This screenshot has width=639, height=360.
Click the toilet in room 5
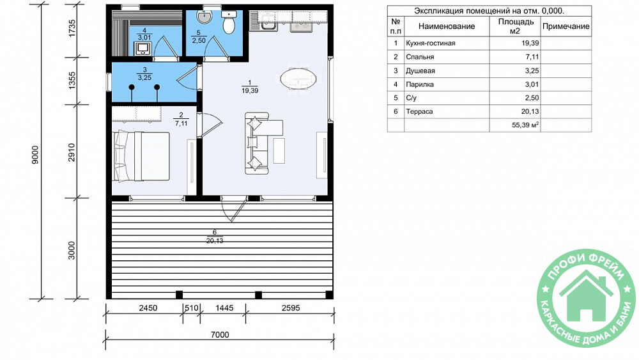(x=229, y=22)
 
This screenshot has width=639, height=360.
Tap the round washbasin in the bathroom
(x=204, y=17)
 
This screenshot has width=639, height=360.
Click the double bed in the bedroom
(x=142, y=156)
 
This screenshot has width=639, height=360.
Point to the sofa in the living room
(x=258, y=143)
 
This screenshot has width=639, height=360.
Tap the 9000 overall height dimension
(x=35, y=155)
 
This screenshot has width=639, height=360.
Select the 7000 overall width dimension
(x=220, y=334)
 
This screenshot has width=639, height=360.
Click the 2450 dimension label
(x=148, y=308)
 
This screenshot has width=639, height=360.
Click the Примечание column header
(x=566, y=26)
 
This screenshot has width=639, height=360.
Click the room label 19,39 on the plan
(x=250, y=91)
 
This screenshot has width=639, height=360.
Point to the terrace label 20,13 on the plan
(x=215, y=241)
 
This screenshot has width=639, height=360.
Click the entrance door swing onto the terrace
(x=233, y=208)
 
